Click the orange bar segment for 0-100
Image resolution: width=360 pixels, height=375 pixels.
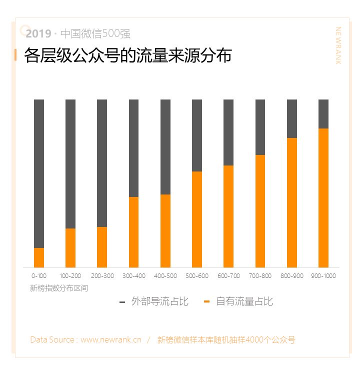pyautogui.click(x=39, y=257)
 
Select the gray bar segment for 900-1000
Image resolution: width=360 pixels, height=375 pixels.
pyautogui.click(x=323, y=113)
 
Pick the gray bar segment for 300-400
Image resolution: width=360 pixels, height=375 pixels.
pyautogui.click(x=133, y=148)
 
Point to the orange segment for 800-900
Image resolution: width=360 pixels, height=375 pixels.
pyautogui.click(x=292, y=202)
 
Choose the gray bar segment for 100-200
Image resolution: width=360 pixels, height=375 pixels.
pyautogui.click(x=70, y=163)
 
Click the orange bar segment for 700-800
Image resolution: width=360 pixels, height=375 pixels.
pyautogui.click(x=260, y=211)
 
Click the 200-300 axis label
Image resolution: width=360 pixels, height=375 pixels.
pyautogui.click(x=102, y=276)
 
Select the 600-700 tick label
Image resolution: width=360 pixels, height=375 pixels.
pyautogui.click(x=229, y=276)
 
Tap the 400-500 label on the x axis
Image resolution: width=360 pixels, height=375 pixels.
pyautogui.click(x=165, y=276)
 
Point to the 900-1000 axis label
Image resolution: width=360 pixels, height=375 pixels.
pyautogui.click(x=323, y=276)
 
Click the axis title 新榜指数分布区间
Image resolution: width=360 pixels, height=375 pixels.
pyautogui.click(x=59, y=288)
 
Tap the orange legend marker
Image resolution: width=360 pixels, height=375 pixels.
pyautogui.click(x=207, y=302)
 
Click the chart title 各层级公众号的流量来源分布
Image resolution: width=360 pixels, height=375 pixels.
pyautogui.click(x=128, y=55)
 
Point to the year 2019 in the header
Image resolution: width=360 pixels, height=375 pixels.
pyautogui.click(x=38, y=34)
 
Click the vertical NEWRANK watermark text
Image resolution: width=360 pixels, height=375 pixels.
pyautogui.click(x=338, y=45)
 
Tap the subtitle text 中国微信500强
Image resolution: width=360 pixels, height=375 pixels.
pyautogui.click(x=95, y=34)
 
